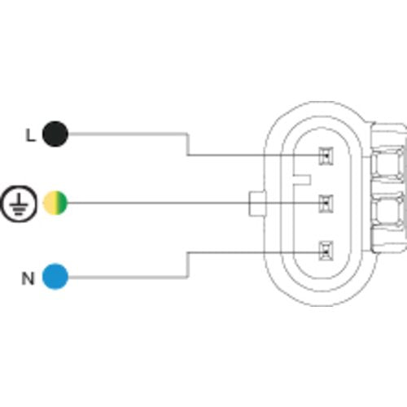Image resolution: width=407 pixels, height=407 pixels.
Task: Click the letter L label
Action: (x=30, y=135)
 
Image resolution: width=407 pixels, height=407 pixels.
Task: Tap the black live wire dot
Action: (x=55, y=134)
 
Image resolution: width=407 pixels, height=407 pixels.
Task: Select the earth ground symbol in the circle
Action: (x=19, y=204)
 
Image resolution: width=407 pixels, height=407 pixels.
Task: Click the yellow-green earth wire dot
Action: (x=55, y=203)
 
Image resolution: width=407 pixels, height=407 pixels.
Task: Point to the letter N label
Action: (x=28, y=278)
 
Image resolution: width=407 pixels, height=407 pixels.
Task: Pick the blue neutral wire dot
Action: (x=55, y=277)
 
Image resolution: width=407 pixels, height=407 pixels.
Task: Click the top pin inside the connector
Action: (x=326, y=156)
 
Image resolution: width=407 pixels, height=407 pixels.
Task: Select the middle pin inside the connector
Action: (x=326, y=203)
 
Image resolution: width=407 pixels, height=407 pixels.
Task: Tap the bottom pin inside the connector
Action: (x=326, y=251)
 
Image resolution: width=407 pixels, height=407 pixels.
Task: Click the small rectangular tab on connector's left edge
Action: (x=257, y=203)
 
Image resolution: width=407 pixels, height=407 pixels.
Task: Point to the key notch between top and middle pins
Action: (x=302, y=180)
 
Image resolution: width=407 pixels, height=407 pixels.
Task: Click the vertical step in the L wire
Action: (x=187, y=144)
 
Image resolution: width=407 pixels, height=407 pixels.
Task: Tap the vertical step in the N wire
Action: (x=187, y=265)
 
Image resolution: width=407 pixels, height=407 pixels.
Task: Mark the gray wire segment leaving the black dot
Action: (x=127, y=134)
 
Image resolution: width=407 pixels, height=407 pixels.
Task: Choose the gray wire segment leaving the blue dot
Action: (x=127, y=277)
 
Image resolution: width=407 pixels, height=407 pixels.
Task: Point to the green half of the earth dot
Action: (x=62, y=203)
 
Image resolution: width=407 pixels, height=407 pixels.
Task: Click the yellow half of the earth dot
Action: (x=49, y=203)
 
